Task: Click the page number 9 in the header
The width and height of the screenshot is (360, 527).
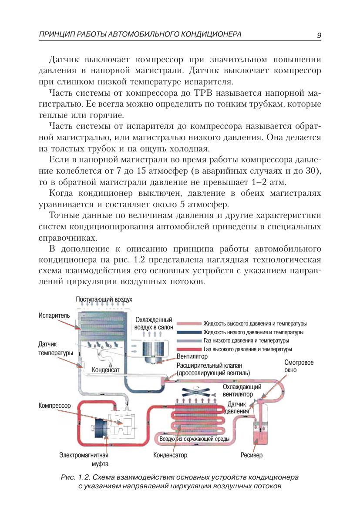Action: [319, 35]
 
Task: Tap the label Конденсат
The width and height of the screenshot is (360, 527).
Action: [105, 370]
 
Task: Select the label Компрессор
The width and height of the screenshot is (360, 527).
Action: [54, 406]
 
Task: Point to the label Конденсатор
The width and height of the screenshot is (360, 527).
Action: [170, 456]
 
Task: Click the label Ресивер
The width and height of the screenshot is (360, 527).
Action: [252, 456]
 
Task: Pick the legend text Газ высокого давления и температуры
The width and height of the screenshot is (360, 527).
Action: [248, 349]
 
